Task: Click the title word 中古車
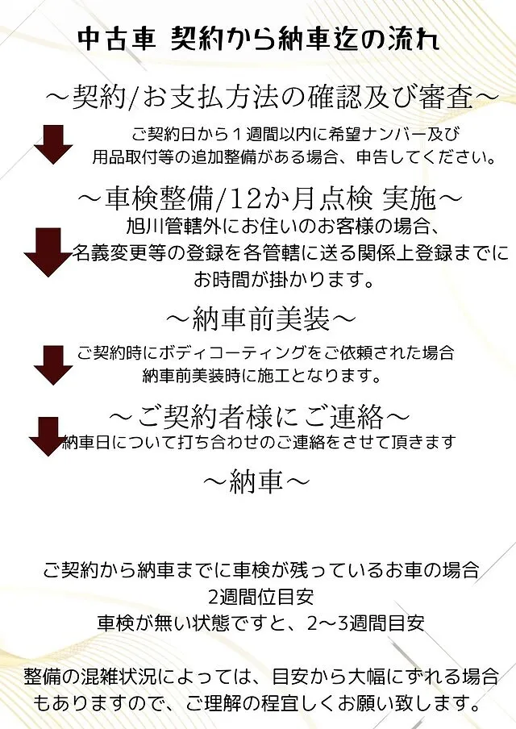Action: pyautogui.click(x=117, y=39)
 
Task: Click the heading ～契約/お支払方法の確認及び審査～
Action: pyautogui.click(x=272, y=98)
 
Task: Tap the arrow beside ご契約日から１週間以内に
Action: pyautogui.click(x=53, y=144)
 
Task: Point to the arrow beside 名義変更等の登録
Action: pyautogui.click(x=47, y=252)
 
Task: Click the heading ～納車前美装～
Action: pyautogui.click(x=260, y=320)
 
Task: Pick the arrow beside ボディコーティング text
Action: pyautogui.click(x=53, y=365)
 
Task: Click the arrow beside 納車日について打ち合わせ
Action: pyautogui.click(x=48, y=436)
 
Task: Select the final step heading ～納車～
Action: pyautogui.click(x=256, y=481)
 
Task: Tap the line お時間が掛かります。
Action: pyautogui.click(x=284, y=280)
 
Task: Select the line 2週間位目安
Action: pyautogui.click(x=261, y=597)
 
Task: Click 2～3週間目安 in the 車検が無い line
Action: pyautogui.click(x=366, y=623)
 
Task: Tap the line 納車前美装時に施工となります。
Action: pyautogui.click(x=262, y=376)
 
